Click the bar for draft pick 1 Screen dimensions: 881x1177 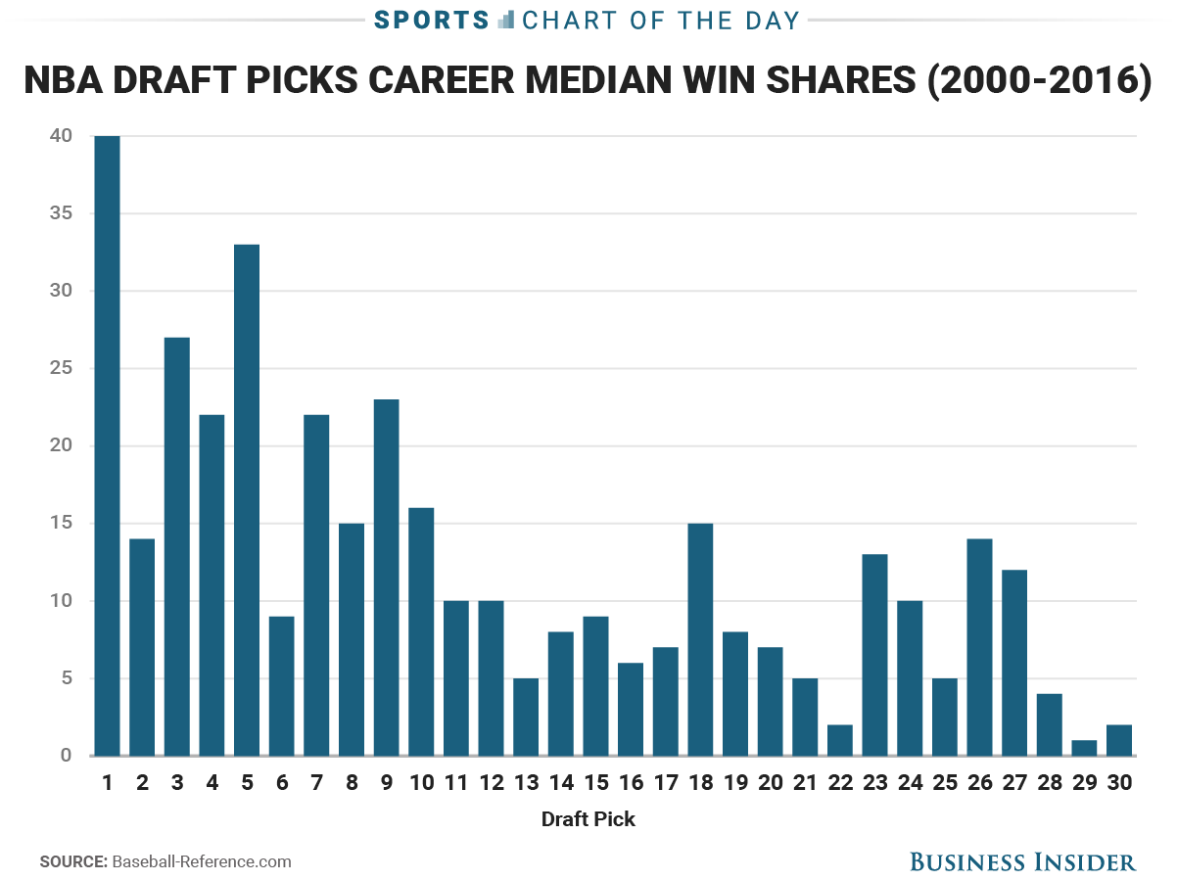(107, 445)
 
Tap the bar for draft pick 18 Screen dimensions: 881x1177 (700, 639)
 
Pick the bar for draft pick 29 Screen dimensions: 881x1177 (1084, 748)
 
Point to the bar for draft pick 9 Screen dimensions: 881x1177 (386, 578)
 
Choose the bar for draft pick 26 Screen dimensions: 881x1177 (979, 647)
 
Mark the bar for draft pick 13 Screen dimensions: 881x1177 (526, 717)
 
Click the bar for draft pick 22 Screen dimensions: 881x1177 (840, 740)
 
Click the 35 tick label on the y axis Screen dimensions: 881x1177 (60, 213)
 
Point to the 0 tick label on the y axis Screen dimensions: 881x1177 (66, 756)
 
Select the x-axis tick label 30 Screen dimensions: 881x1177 (1119, 783)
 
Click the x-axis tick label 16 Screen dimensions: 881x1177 (631, 783)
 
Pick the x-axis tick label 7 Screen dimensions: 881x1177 (316, 783)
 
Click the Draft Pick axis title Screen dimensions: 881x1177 (588, 819)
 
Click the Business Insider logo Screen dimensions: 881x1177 (1022, 861)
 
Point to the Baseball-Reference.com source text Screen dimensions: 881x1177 (202, 861)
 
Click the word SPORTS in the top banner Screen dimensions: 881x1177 (431, 20)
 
